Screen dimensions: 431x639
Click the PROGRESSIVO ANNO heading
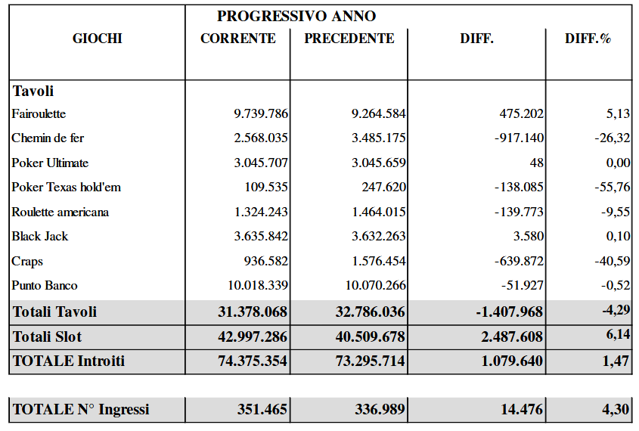[x=296, y=16]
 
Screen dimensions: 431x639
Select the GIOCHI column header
[x=98, y=39]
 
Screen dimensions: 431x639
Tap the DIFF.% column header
[x=588, y=39]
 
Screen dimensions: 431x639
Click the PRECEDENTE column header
[x=349, y=39]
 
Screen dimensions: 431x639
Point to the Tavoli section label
[x=33, y=91]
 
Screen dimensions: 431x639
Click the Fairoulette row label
[x=39, y=114]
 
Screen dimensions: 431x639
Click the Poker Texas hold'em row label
[x=67, y=188]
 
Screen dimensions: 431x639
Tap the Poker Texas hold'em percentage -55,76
[x=613, y=188]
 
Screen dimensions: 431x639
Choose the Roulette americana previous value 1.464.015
[x=379, y=212]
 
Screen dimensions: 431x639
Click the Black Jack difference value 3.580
[x=528, y=237]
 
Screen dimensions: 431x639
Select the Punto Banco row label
[x=45, y=286]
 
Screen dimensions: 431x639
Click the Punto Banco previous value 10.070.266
[x=376, y=286]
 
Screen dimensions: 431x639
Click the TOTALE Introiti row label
[x=68, y=361]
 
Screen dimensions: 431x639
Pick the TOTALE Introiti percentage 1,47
[x=616, y=361]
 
